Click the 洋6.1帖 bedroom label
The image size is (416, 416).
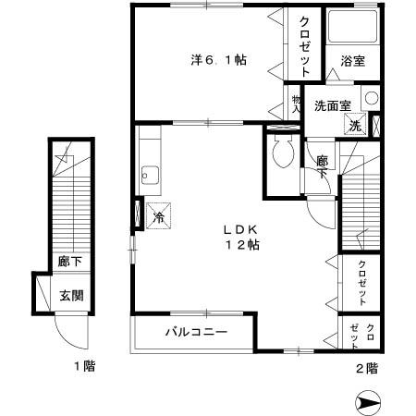[x=218, y=59]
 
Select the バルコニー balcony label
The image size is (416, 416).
[x=196, y=330]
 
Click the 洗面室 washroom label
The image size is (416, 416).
[x=332, y=104]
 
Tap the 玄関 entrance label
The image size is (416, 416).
[x=71, y=296]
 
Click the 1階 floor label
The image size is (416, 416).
[x=85, y=367]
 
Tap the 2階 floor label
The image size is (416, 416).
[x=366, y=367]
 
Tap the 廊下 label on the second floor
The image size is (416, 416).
[x=322, y=166]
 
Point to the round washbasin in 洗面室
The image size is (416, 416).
[x=370, y=98]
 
